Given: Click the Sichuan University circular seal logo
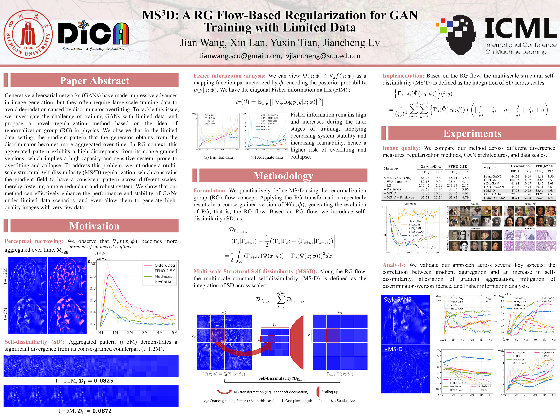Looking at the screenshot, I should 28,34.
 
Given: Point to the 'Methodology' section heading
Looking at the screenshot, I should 283,176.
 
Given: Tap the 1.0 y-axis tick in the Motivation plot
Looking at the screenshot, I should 93,276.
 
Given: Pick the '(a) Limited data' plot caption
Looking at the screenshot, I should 218,157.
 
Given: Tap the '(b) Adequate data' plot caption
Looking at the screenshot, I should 267,157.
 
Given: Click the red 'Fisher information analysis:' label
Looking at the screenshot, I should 229,76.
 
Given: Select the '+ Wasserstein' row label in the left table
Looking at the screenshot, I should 395,182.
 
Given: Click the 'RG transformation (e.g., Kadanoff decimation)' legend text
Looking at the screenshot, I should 271,392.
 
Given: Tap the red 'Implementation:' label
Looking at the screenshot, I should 403,76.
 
